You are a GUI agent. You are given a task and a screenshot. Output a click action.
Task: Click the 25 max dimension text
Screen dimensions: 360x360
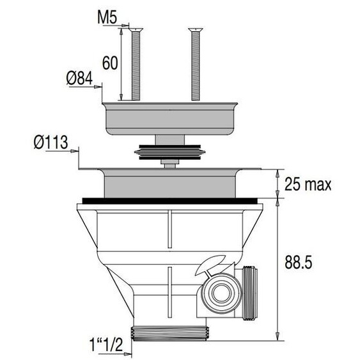(308, 185)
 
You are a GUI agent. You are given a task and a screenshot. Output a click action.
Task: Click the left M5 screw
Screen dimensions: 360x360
(136, 64)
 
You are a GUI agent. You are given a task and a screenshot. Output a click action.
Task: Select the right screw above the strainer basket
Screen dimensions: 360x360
(193, 64)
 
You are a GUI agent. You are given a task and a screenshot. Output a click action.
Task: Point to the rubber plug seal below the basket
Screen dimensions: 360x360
(169, 153)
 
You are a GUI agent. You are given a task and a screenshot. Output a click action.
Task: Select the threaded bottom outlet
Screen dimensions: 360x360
(169, 334)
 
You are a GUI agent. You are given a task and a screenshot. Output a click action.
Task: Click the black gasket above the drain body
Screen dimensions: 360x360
(169, 200)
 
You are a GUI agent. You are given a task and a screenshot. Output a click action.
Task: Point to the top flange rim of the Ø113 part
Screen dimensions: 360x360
(169, 170)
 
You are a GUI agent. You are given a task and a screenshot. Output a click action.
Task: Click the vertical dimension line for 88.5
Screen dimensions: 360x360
(277, 269)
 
